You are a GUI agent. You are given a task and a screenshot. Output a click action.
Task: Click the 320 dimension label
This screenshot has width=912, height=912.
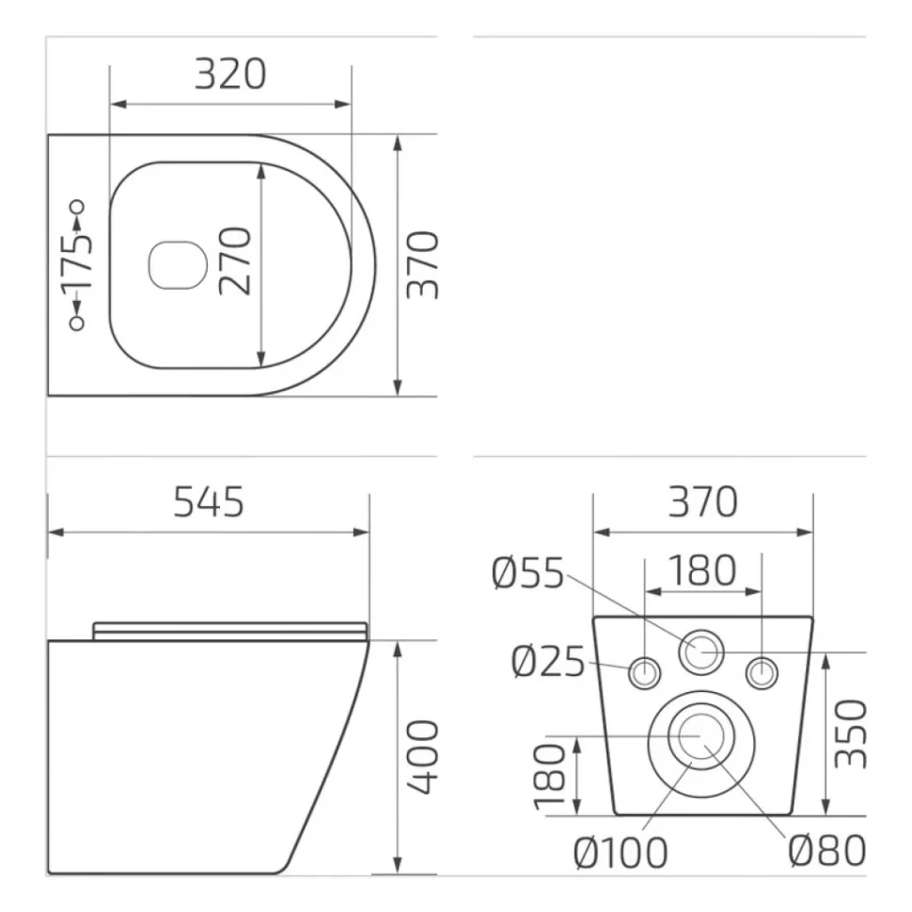230,74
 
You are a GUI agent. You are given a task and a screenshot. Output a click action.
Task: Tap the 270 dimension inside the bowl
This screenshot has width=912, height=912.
236,261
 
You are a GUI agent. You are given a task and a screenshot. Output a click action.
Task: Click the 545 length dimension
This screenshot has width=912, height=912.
209,502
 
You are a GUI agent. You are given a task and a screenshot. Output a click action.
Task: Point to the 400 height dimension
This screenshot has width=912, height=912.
422,756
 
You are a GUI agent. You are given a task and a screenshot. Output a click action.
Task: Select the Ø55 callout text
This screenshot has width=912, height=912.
527,574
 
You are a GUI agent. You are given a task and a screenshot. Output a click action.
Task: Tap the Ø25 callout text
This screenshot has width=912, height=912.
548,662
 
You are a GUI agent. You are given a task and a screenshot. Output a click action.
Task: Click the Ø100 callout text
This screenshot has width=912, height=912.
621,854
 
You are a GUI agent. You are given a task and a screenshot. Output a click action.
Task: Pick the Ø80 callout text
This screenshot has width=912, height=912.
827,851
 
